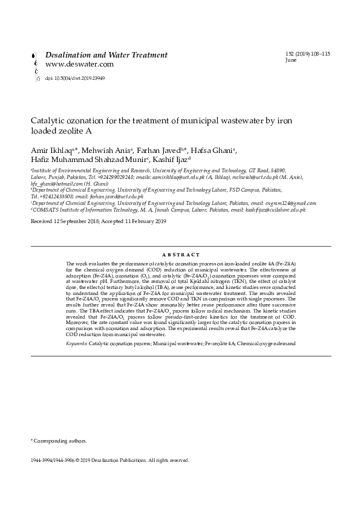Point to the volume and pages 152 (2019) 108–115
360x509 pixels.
[307, 54]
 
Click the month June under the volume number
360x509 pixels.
[291, 60]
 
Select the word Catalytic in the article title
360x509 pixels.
[47, 120]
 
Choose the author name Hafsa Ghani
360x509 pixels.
[213, 150]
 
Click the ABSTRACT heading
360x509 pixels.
[180, 255]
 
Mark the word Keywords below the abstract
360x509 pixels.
[76, 343]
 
